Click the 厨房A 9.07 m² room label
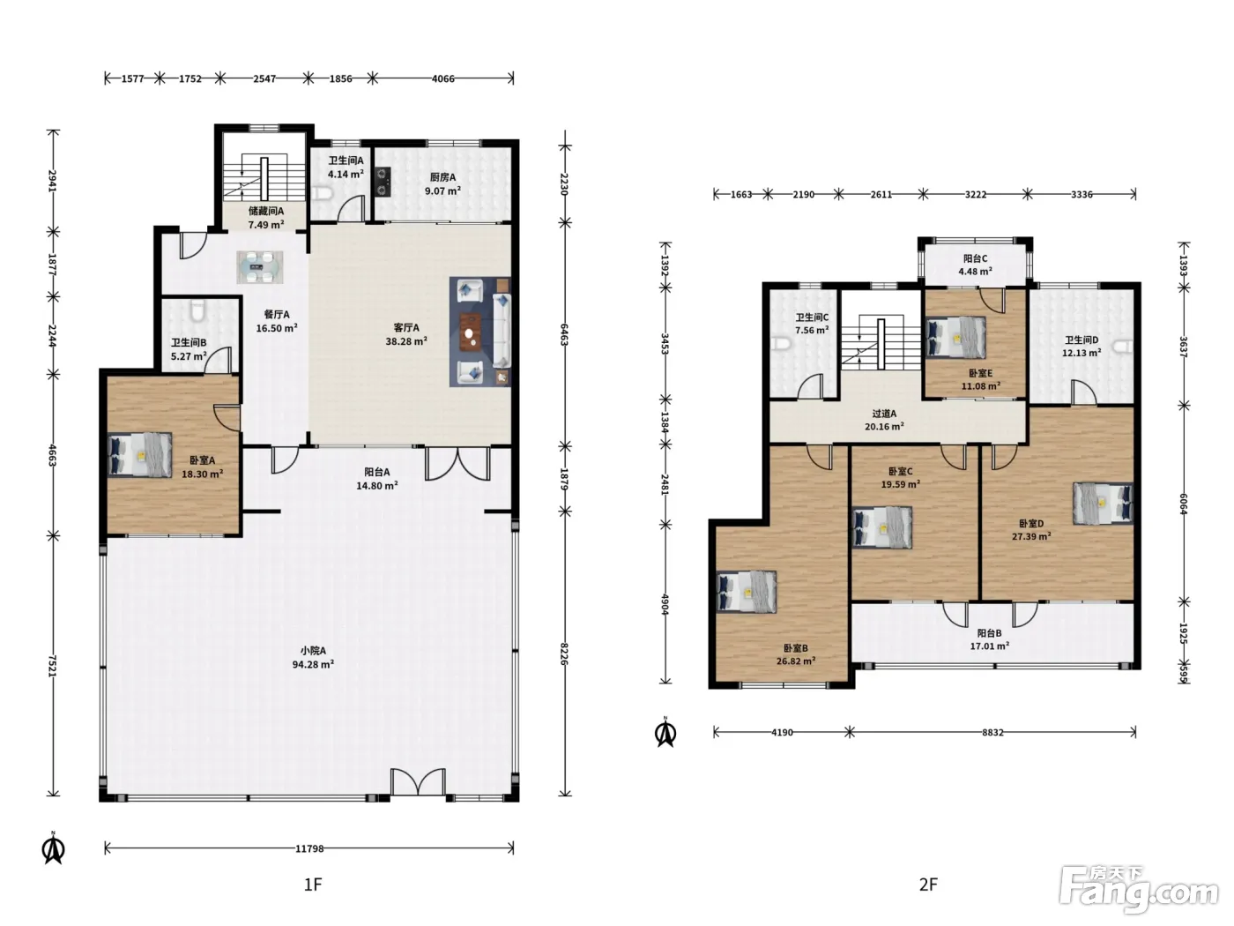[442, 183]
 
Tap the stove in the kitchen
[383, 182]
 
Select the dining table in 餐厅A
[259, 267]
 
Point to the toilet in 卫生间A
[323, 193]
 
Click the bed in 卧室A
[139, 454]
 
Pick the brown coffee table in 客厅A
[469, 332]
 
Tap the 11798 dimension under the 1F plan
[309, 848]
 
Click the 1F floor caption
[313, 885]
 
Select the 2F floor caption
[928, 885]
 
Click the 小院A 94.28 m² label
[313, 657]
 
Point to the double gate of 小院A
[418, 782]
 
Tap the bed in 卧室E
[955, 338]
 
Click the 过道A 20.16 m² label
[884, 420]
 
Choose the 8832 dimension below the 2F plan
[992, 732]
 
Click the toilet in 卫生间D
[1125, 347]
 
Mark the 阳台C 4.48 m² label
[975, 265]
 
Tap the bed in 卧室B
[747, 592]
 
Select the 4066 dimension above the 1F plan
[443, 78]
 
